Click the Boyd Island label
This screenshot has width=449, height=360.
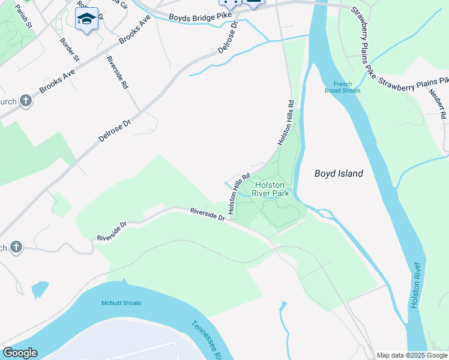[339, 173]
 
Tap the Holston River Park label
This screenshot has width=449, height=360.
[274, 189]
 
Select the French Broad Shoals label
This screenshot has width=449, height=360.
[343, 87]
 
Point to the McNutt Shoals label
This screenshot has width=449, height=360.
[121, 303]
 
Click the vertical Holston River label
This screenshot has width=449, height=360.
[416, 287]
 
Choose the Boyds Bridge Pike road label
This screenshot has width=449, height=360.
[193, 17]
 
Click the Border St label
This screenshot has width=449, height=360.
[70, 49]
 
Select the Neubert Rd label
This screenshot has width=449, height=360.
[437, 106]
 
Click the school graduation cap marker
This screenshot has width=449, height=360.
[87, 19]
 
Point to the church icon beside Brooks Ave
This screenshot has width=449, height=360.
[25, 100]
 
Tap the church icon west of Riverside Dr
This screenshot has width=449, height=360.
[16, 247]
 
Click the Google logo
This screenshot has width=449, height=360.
[20, 353]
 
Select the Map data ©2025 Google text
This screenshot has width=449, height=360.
[412, 355]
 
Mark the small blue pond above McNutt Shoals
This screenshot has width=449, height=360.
[40, 289]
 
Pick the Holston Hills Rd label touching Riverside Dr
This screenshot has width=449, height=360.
[238, 194]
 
